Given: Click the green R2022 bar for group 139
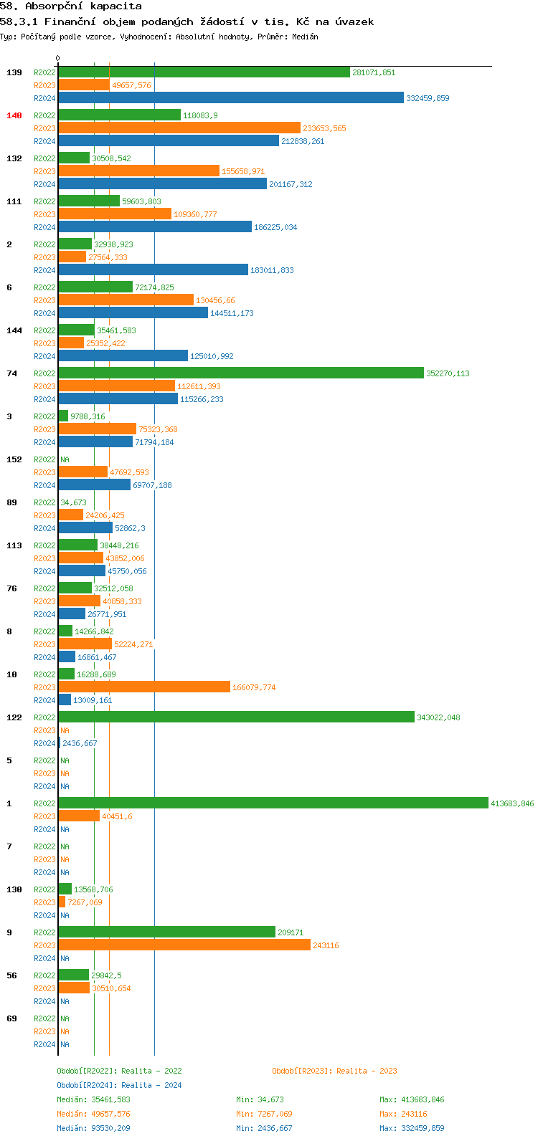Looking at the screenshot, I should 204,72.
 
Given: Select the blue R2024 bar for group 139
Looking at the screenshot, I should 231,98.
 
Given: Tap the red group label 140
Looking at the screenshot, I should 14,115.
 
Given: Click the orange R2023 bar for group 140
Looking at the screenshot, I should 179,128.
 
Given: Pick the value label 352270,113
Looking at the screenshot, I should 448,373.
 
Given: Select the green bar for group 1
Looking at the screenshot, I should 273,803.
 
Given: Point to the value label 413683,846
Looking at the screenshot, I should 512,803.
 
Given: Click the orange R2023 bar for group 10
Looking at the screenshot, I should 143,687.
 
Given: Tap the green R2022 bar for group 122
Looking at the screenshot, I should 236,717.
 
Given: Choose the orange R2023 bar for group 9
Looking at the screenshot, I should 184,945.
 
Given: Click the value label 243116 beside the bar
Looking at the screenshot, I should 326,945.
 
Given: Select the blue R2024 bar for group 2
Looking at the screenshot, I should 153,270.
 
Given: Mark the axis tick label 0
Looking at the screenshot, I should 58,59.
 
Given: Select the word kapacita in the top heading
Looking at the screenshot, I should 118,6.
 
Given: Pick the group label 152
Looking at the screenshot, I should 14,459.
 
